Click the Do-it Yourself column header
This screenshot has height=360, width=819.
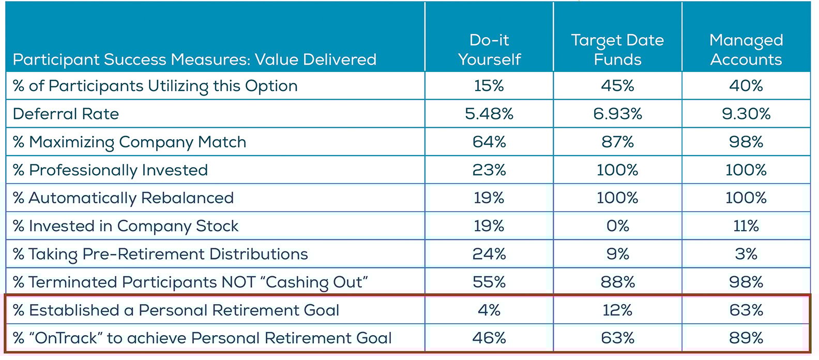489,50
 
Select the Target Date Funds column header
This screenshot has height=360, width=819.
617,50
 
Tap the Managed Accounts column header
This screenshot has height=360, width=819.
746,50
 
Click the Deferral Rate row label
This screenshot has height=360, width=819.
66,114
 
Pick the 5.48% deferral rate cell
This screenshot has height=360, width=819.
489,114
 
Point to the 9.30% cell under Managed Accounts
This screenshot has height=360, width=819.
746,114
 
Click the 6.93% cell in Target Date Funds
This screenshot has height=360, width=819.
617,114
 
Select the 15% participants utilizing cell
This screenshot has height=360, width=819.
489,86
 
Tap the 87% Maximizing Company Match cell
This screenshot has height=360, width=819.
617,142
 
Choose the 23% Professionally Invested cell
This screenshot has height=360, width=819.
489,170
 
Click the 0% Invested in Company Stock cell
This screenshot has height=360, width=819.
617,226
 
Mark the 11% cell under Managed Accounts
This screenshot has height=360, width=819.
746,226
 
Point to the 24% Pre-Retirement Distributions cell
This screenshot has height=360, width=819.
489,254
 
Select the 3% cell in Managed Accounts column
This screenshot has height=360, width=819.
746,254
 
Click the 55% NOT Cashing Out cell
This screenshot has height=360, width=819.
489,282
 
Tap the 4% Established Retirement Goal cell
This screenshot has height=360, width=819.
489,310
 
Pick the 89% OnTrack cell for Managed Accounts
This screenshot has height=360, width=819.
746,338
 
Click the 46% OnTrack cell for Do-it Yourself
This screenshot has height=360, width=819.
489,338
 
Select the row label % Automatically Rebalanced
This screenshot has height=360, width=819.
123,198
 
